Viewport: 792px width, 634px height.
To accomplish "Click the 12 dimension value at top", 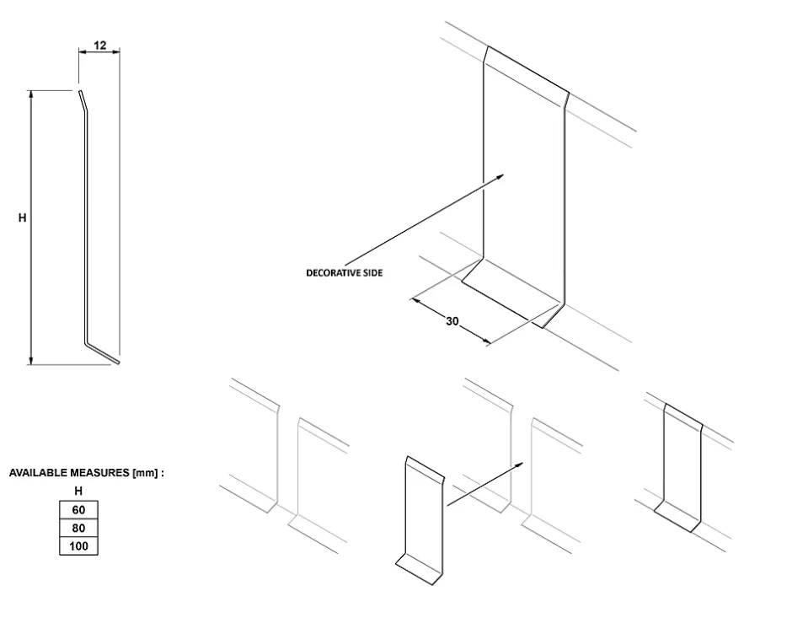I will tap(100, 46).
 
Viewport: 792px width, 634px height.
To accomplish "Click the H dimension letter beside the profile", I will tap(23, 218).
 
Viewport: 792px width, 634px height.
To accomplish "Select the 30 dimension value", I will tap(452, 321).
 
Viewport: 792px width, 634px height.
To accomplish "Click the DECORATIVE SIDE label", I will tap(344, 273).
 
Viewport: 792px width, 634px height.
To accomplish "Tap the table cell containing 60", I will tap(78, 510).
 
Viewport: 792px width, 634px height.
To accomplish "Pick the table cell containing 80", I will tap(78, 529).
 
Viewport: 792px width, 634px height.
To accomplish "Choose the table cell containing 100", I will tap(78, 546).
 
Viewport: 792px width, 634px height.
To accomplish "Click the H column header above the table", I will tap(78, 491).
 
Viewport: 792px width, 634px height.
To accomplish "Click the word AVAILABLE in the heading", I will tap(37, 474).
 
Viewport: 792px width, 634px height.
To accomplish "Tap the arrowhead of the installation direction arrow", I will tap(521, 464).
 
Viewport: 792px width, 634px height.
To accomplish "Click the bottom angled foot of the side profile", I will tap(104, 352).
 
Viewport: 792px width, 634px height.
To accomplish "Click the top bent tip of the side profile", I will tap(81, 100).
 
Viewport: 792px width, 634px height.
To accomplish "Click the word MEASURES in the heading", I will tap(99, 474).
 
